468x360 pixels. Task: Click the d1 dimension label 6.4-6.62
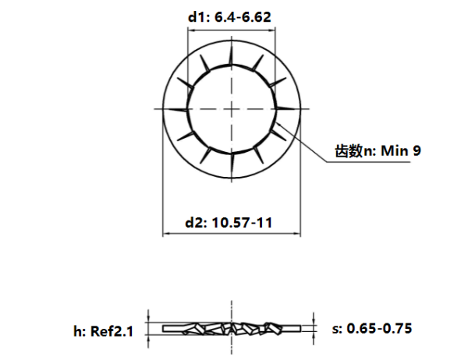click(231, 16)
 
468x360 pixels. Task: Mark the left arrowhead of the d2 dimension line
click(165, 234)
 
